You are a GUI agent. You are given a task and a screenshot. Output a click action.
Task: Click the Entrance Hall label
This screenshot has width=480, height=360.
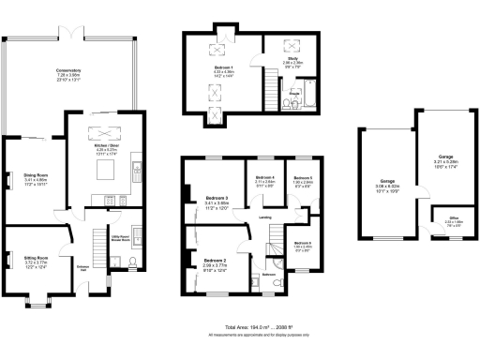point(82,267)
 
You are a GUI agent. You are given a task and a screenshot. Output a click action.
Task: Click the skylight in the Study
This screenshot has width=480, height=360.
point(285,45)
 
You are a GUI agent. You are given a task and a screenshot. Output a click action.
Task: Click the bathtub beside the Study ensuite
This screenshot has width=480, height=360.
point(308,96)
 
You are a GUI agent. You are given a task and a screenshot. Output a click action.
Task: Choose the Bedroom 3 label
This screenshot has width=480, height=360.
point(216,199)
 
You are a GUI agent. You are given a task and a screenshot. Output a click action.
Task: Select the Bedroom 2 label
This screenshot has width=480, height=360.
point(215,263)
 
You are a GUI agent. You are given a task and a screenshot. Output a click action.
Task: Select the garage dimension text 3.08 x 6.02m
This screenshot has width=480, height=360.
point(386,186)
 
